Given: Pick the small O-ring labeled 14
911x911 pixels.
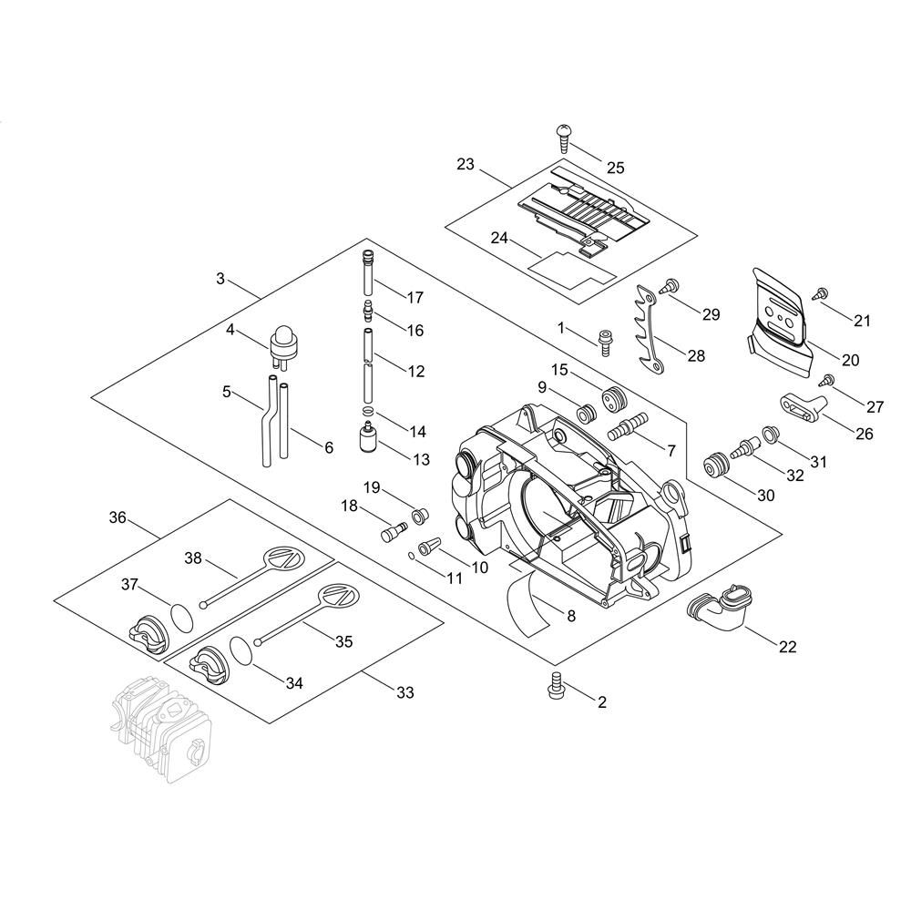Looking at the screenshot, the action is pyautogui.click(x=367, y=412).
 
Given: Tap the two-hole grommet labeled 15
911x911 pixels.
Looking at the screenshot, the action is pyautogui.click(x=612, y=398).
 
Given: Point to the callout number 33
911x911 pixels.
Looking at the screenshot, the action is pyautogui.click(x=405, y=692).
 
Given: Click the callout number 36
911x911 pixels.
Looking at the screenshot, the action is pyautogui.click(x=118, y=517).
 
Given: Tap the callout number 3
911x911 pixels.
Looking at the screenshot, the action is pyautogui.click(x=220, y=278).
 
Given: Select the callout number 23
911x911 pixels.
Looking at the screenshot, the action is pyautogui.click(x=465, y=164).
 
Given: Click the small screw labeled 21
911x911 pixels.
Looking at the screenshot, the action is pyautogui.click(x=822, y=292).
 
